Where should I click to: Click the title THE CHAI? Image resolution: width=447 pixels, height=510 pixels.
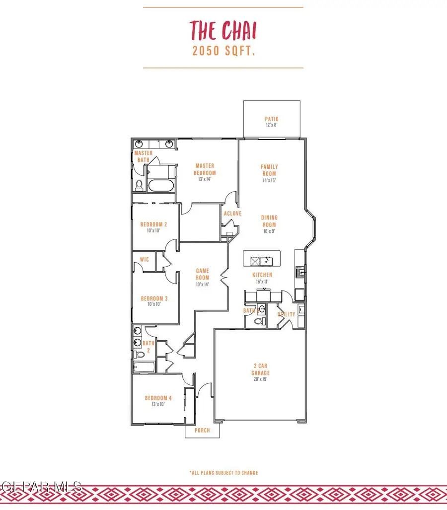click(x=223, y=31)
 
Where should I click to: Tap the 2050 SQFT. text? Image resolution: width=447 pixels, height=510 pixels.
click(x=223, y=51)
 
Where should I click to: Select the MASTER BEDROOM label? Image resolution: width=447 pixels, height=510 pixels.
click(x=206, y=169)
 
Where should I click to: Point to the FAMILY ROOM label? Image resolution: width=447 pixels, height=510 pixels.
click(x=269, y=170)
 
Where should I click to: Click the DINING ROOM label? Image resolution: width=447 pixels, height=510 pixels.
click(x=269, y=221)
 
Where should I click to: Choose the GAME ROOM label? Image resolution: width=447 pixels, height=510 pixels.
click(x=203, y=274)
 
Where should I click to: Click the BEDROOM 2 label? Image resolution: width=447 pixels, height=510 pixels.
click(x=154, y=224)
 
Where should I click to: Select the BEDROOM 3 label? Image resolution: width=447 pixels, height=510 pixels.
click(x=154, y=298)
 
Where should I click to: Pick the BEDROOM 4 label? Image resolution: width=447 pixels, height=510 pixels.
click(x=158, y=398)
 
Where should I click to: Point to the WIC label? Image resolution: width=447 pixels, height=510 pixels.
click(x=145, y=260)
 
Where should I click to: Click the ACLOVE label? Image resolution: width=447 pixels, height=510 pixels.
click(x=232, y=214)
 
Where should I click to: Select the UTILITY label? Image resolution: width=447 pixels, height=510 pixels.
click(x=287, y=314)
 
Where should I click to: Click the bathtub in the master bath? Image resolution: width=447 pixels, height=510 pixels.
click(x=160, y=186)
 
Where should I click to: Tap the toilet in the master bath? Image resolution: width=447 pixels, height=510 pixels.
click(x=140, y=185)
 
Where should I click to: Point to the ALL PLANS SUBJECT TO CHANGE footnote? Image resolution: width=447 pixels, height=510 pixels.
click(x=223, y=473)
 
